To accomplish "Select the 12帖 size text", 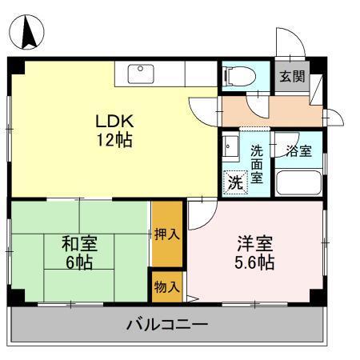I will [x=113, y=142].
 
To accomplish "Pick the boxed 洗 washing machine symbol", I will [x=234, y=182].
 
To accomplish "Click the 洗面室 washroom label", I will [x=256, y=163].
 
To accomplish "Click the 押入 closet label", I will [x=167, y=235].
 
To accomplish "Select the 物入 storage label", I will [x=167, y=286].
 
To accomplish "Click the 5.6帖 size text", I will [x=254, y=263].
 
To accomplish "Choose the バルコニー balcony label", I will [x=168, y=326].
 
